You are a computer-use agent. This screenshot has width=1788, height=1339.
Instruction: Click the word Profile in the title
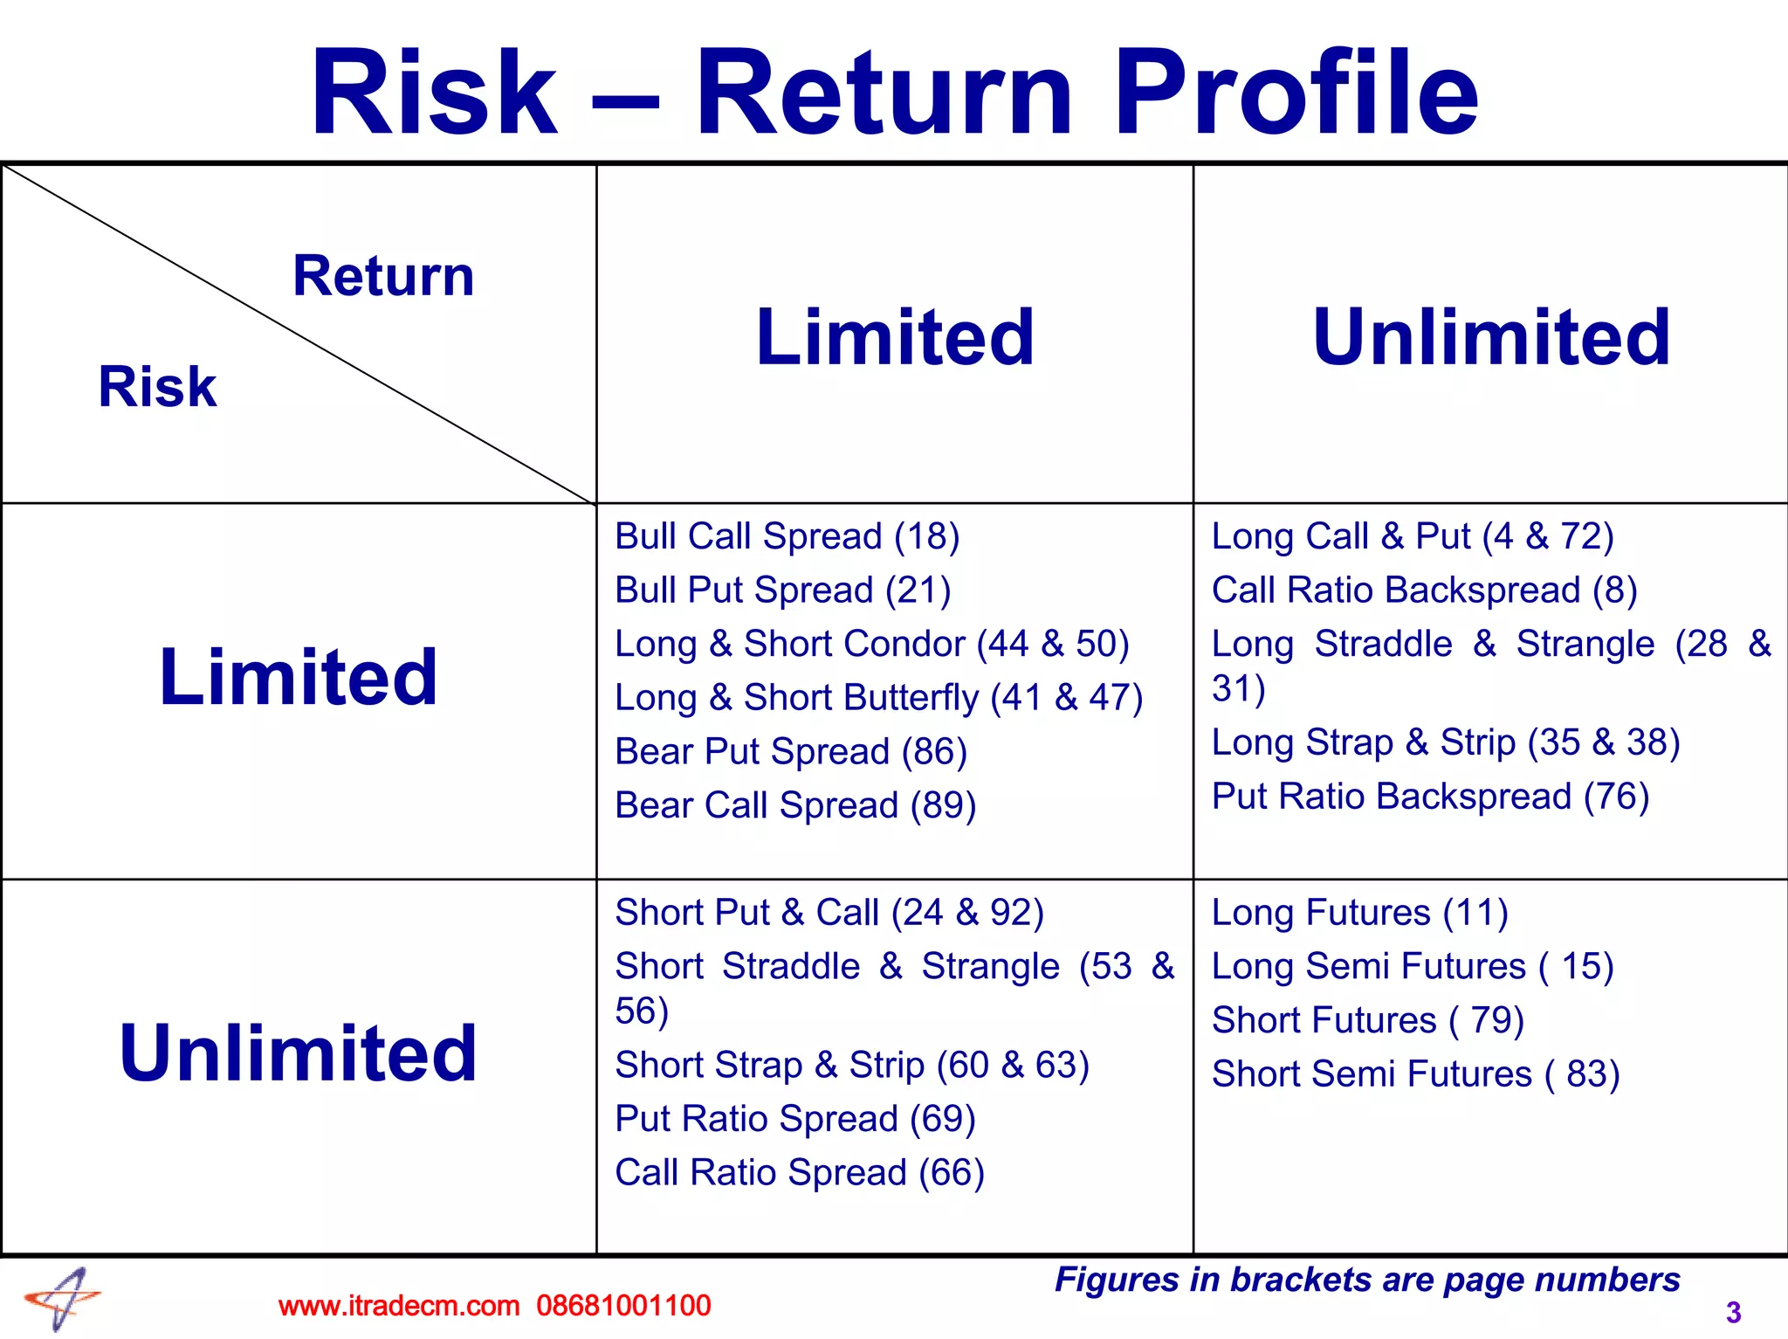point(1296,93)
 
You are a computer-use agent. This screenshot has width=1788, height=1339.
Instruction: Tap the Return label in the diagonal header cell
point(383,276)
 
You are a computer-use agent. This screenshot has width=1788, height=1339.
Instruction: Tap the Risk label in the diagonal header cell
point(157,386)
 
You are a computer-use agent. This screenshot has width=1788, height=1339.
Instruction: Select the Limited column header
point(895,337)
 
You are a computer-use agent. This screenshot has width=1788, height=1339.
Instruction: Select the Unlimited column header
point(1491,337)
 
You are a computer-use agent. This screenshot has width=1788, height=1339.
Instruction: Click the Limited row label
point(298,677)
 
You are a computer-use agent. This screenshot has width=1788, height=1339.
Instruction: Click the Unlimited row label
point(298,1053)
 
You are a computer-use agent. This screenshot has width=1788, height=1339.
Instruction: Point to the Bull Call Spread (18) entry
point(787,536)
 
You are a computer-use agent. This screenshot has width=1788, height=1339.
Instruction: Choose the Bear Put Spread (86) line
point(790,752)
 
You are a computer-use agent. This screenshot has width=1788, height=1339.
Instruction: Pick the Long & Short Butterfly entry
point(878,698)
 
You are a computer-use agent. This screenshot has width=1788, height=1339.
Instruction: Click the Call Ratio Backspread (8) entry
point(1423,590)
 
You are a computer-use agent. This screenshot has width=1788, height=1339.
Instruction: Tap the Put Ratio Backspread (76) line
point(1430,797)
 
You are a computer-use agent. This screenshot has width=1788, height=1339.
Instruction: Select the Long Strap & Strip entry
point(1445,742)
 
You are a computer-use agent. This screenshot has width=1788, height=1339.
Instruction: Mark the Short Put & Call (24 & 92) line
point(829,913)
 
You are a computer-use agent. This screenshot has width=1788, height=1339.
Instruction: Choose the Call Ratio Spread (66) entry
point(799,1172)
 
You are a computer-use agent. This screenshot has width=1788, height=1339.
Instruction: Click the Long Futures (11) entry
point(1359,913)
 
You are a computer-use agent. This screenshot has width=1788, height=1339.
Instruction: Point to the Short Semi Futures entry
point(1415,1074)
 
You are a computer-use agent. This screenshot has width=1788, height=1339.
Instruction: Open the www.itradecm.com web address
point(399,1306)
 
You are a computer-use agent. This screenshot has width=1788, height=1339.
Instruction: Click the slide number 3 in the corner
point(1733,1312)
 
